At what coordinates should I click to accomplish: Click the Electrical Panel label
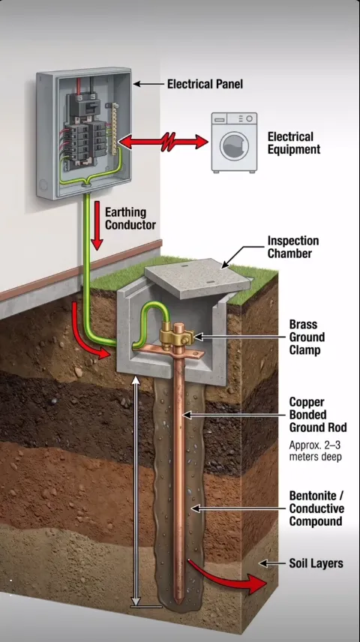pyautogui.click(x=205, y=84)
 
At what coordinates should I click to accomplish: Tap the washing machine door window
pyautogui.click(x=234, y=146)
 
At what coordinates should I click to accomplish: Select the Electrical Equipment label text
pyautogui.click(x=294, y=143)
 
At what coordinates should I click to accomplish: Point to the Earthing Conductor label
pyautogui.click(x=130, y=219)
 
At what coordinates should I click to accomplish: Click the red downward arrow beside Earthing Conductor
pyautogui.click(x=97, y=225)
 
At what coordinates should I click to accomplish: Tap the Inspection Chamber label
pyautogui.click(x=292, y=247)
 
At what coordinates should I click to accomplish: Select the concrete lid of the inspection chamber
pyautogui.click(x=198, y=277)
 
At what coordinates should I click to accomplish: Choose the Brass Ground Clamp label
pyautogui.click(x=307, y=337)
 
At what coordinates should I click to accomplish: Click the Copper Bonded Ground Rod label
pyautogui.click(x=318, y=415)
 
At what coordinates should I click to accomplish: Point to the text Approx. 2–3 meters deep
pyautogui.click(x=315, y=451)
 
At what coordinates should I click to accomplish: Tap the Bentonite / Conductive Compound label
pyautogui.click(x=316, y=508)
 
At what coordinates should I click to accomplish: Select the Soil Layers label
pyautogui.click(x=316, y=563)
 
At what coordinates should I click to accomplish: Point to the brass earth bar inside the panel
pyautogui.click(x=115, y=124)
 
